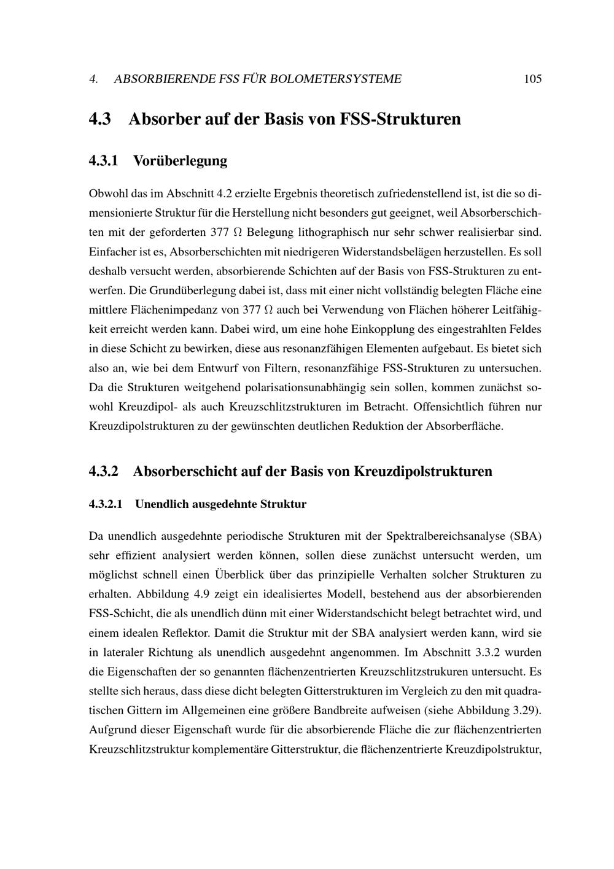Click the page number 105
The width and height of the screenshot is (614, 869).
(532, 79)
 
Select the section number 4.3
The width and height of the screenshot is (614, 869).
(99, 119)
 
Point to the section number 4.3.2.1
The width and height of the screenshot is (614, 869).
(106, 505)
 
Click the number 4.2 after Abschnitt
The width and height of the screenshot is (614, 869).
(223, 194)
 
